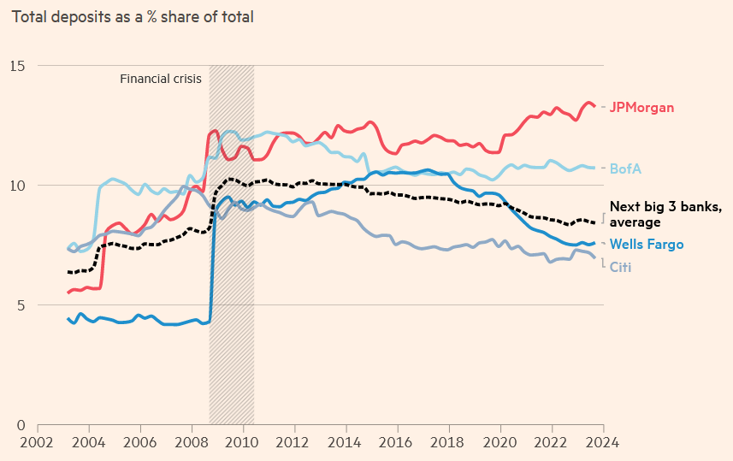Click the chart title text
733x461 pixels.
coord(133,16)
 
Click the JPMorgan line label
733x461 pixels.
coord(641,108)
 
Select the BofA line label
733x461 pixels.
coord(625,168)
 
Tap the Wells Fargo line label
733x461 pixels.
coord(647,245)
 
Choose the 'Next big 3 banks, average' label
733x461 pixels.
coord(665,215)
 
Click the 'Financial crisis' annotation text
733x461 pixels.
coord(161,79)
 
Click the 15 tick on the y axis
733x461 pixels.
coord(17,66)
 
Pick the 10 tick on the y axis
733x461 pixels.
coord(17,186)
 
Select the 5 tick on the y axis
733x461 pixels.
coord(21,305)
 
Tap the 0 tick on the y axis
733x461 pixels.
coord(21,425)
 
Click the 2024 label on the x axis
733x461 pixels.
coord(603,443)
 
